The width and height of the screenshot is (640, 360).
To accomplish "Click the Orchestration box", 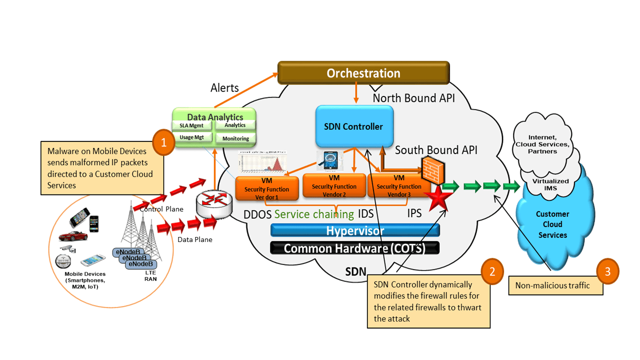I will pyautogui.click(x=363, y=73).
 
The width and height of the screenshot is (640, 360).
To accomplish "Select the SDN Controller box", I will pyautogui.click(x=354, y=126).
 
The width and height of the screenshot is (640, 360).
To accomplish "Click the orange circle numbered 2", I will pyautogui.click(x=492, y=271).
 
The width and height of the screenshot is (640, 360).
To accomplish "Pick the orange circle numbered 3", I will pyautogui.click(x=607, y=272).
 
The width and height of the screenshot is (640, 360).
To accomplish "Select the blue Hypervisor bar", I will pyautogui.click(x=355, y=230).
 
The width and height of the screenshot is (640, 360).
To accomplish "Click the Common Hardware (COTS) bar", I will pyautogui.click(x=354, y=248).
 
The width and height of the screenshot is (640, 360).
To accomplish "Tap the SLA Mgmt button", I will pyautogui.click(x=192, y=125).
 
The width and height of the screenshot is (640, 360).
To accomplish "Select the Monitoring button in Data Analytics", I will pyautogui.click(x=235, y=138).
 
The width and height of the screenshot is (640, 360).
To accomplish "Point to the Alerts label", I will pyautogui.click(x=225, y=88).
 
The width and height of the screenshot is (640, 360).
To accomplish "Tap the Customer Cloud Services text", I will pyautogui.click(x=552, y=224).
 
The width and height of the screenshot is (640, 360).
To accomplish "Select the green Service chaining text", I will pyautogui.click(x=314, y=214).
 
